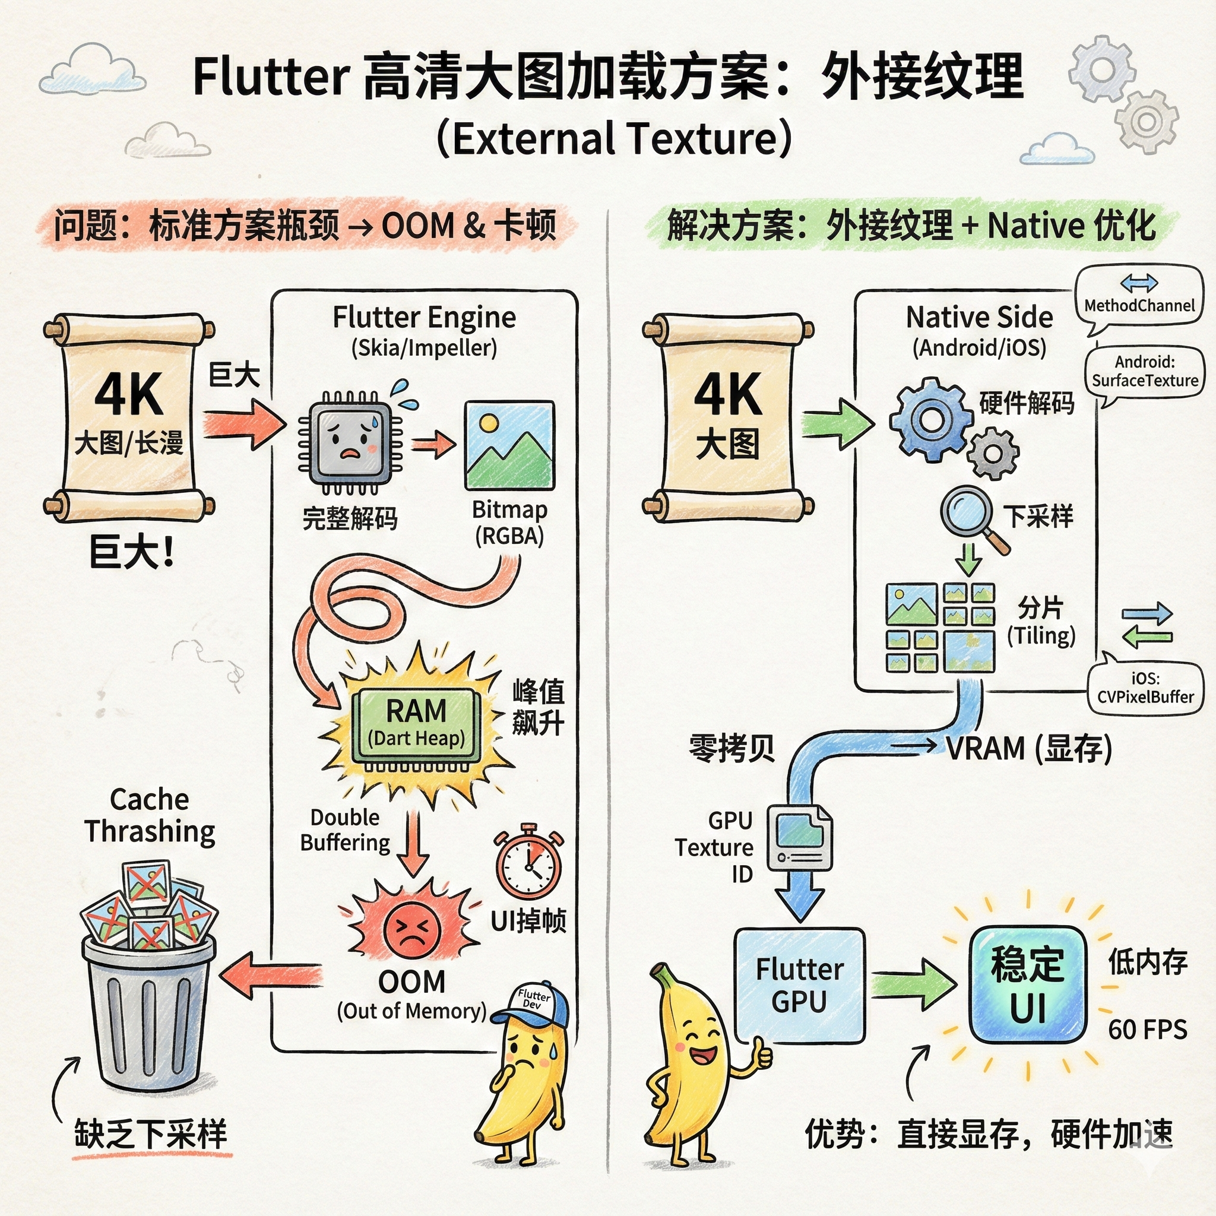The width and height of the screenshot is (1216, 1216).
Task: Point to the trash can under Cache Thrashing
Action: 148,1007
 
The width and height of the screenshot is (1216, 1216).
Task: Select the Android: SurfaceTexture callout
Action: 1144,371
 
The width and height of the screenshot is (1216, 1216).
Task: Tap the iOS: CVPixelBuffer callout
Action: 1145,688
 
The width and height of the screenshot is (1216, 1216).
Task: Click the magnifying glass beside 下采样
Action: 969,513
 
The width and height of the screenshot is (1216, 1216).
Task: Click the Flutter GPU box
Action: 799,986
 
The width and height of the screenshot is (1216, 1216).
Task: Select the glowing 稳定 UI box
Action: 1027,985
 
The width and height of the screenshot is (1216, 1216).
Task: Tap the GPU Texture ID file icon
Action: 800,837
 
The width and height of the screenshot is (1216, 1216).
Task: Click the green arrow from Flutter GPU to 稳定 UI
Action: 913,984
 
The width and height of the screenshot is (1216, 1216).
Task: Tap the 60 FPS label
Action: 1147,1030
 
